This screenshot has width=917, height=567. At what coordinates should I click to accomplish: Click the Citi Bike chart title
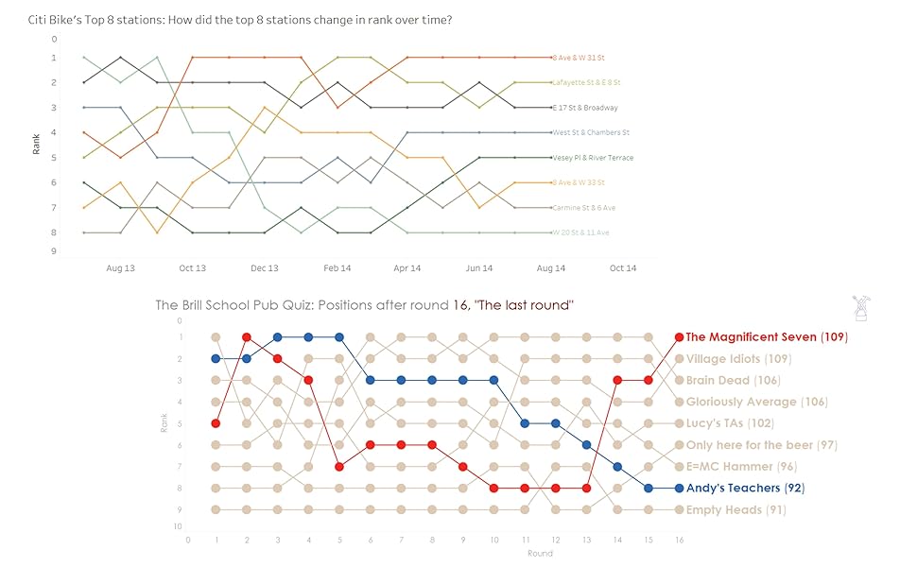click(x=240, y=20)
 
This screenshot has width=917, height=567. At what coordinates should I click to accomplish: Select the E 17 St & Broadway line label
click(x=586, y=108)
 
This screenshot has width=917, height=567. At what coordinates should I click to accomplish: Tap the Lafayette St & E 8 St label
click(x=586, y=83)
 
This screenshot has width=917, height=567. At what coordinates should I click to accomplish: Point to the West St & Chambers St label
click(x=591, y=132)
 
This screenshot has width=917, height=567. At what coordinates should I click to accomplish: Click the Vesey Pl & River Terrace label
click(x=593, y=158)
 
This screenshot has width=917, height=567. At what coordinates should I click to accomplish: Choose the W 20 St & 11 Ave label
click(x=581, y=232)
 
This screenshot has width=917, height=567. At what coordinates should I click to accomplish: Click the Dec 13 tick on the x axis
click(x=265, y=268)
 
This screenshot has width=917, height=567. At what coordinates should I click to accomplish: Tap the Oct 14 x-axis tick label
click(x=623, y=268)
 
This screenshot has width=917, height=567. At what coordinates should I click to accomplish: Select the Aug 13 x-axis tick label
click(x=121, y=268)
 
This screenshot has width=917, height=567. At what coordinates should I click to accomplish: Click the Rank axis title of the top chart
click(x=36, y=145)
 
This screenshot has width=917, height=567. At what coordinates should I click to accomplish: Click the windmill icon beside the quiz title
click(x=860, y=308)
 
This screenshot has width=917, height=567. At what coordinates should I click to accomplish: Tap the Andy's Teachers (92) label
click(x=745, y=489)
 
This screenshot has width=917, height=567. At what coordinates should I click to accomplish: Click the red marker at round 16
click(x=678, y=336)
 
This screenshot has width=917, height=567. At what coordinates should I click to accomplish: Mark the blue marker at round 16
click(x=678, y=489)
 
